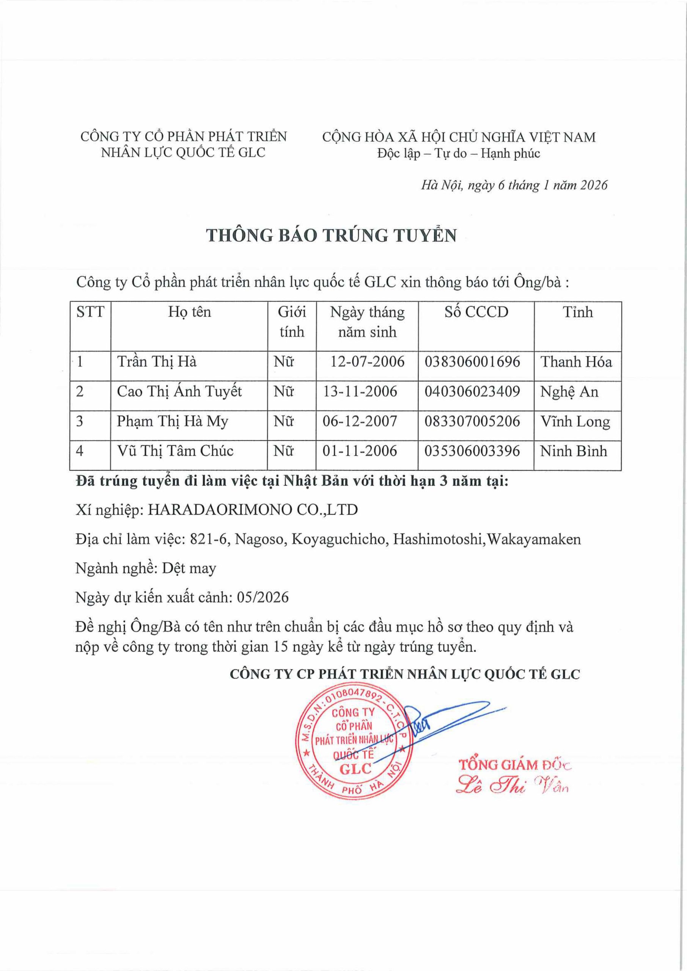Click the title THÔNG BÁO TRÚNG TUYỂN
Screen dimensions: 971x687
pos(332,236)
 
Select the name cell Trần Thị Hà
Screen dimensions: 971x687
pos(157,361)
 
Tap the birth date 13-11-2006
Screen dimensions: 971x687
pos(360,391)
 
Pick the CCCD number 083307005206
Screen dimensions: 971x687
pos(472,421)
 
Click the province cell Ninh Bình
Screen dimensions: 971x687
pos(573,451)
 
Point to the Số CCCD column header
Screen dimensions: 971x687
pos(476,312)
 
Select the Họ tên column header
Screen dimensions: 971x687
pos(189,312)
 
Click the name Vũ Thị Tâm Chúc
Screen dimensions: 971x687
pos(175,451)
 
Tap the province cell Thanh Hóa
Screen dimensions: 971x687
pos(576,361)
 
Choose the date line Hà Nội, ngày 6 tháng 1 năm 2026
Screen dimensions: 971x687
pos(514,185)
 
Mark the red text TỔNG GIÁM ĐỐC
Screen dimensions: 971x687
pos(515,765)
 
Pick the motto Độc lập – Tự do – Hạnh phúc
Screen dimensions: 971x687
pos(459,154)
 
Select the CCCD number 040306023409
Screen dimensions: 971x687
pos(472,391)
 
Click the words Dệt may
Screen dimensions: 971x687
pos(189,568)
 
